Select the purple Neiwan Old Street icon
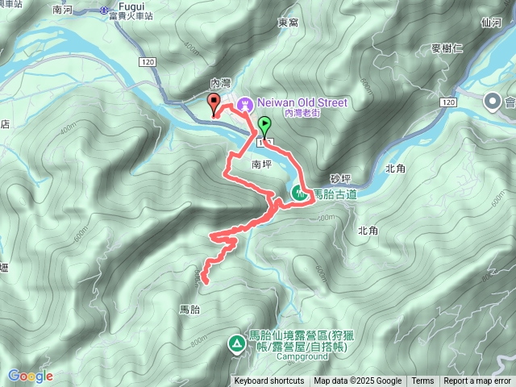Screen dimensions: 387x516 (x=244, y=103)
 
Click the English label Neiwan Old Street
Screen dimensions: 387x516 (x=302, y=102)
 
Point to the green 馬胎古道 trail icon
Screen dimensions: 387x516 (x=299, y=193)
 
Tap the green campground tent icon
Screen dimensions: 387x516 (x=236, y=344)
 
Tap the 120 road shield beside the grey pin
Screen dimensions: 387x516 (x=449, y=102)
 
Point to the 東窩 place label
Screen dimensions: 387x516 (x=288, y=23)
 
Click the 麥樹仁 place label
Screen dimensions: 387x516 (x=452, y=49)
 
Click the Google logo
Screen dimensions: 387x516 (x=30, y=376)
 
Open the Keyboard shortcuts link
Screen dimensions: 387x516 (x=269, y=381)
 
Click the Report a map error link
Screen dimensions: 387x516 (x=477, y=381)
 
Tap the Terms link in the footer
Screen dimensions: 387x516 (x=422, y=381)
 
